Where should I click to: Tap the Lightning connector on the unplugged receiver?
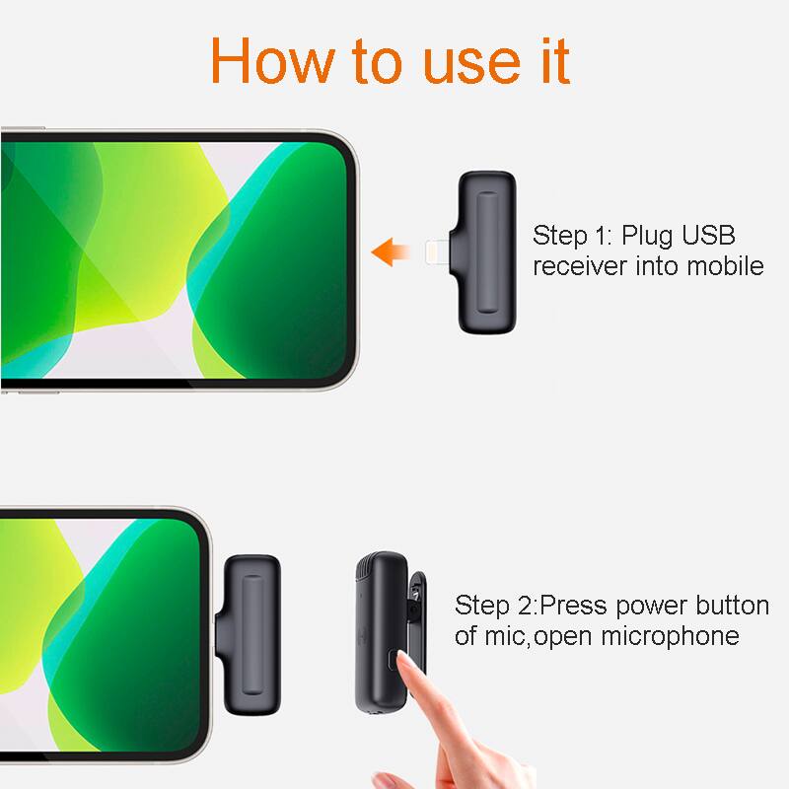click(x=440, y=252)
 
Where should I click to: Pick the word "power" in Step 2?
click(x=645, y=605)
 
